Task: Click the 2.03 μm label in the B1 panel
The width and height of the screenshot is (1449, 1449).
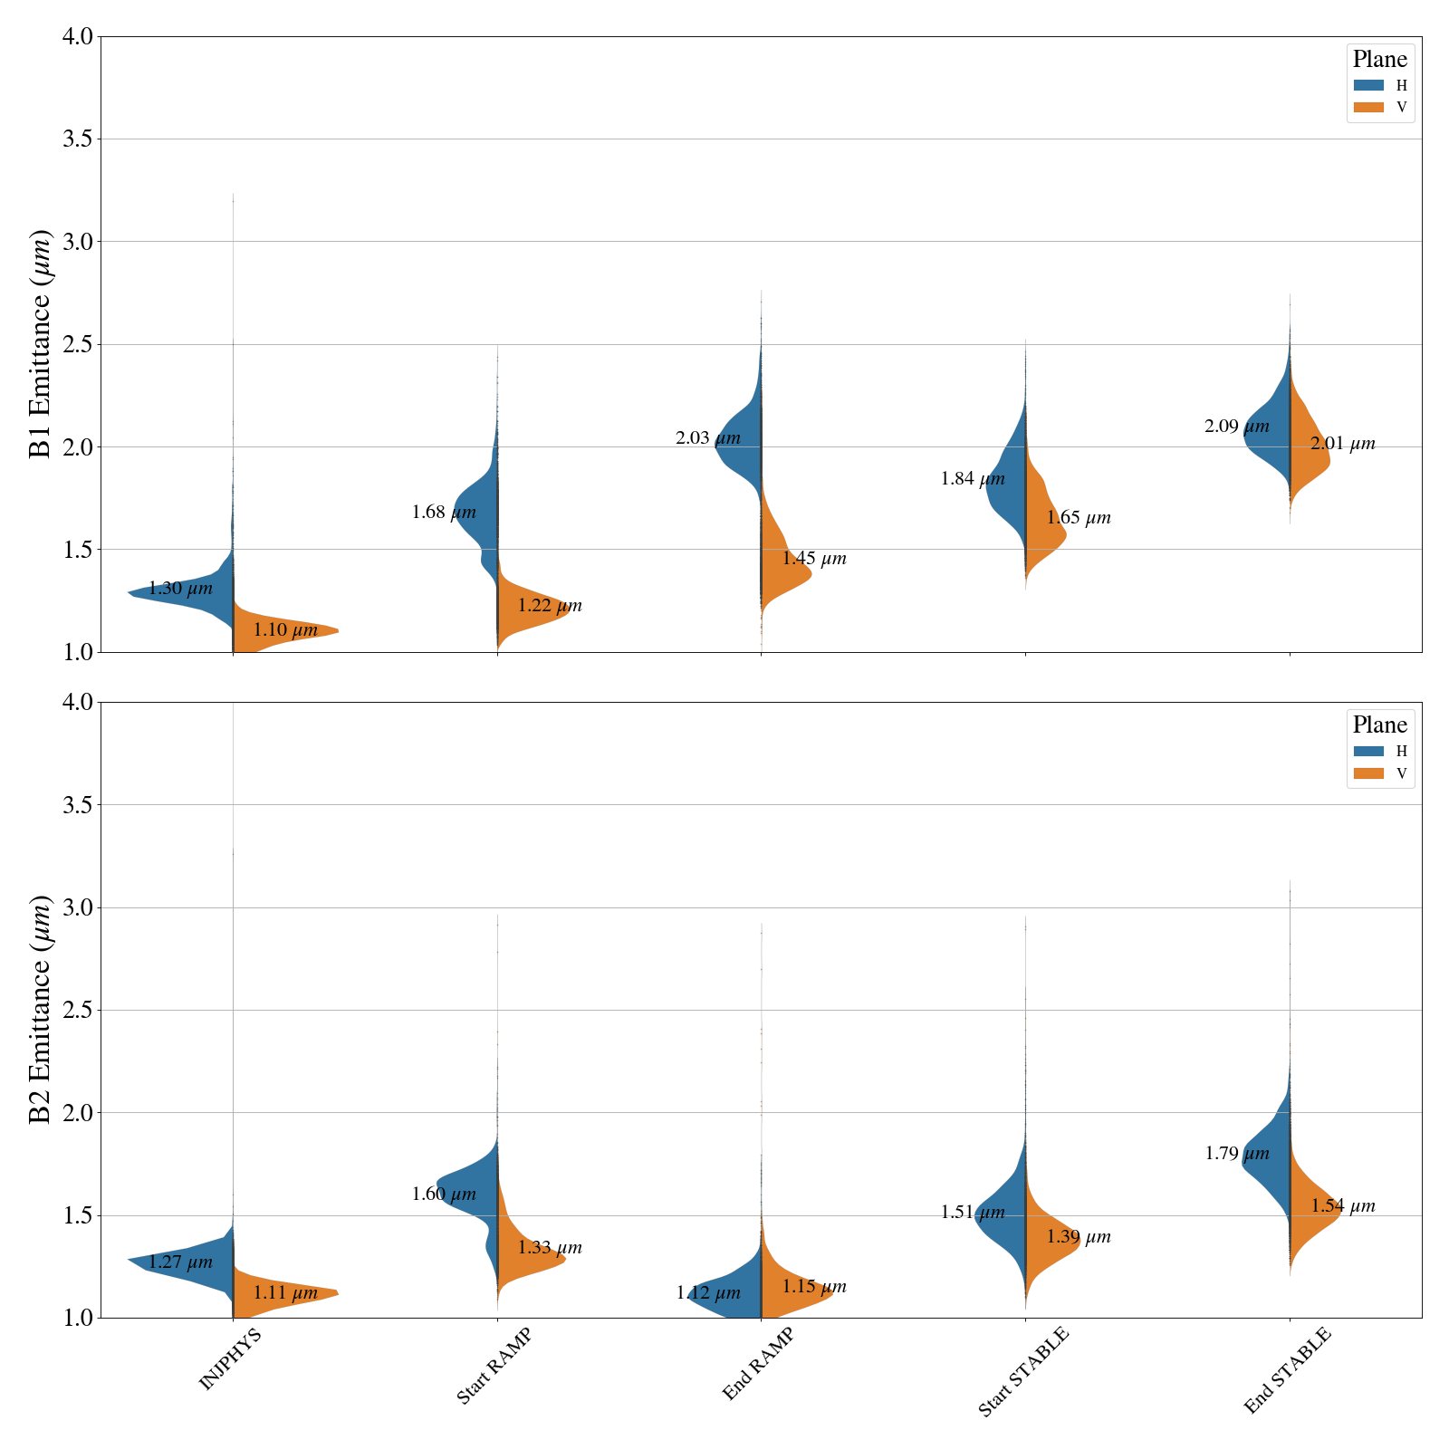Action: tap(707, 438)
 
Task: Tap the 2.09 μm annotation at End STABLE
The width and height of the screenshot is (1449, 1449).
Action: tap(1236, 427)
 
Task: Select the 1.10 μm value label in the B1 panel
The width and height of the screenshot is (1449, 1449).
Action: tap(285, 630)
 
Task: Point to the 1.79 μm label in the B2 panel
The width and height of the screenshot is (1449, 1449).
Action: tap(1236, 1154)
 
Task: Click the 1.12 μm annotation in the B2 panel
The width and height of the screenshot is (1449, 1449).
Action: tap(707, 1293)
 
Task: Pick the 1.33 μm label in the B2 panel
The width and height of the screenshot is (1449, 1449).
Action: tap(550, 1248)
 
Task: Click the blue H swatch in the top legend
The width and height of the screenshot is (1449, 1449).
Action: tap(1368, 85)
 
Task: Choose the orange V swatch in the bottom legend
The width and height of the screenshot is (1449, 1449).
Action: tap(1368, 773)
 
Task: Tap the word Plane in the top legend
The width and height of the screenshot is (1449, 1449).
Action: tap(1379, 60)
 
